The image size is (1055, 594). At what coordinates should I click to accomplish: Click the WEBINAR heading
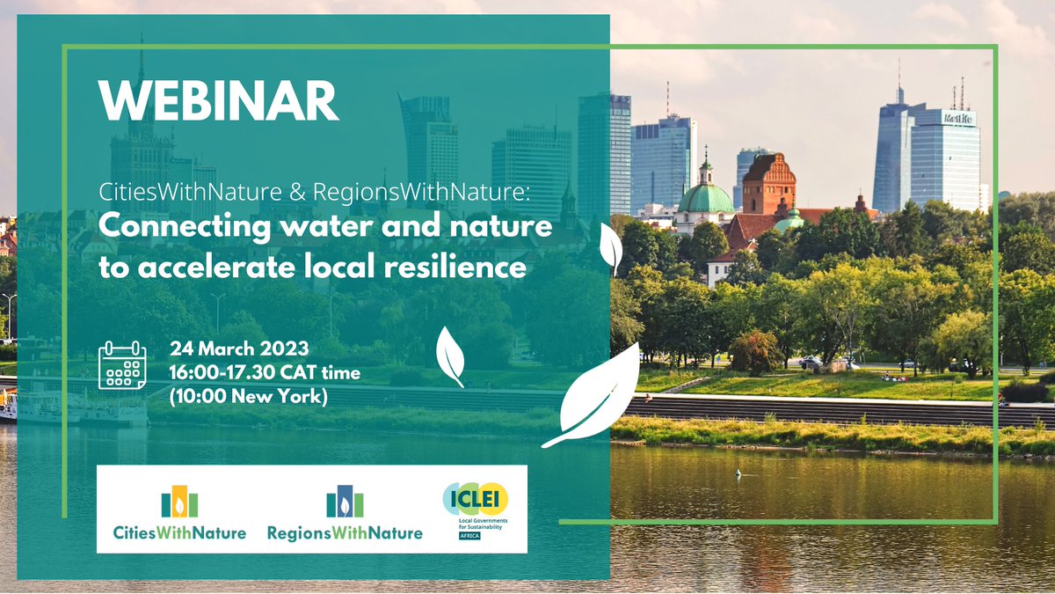tap(218, 102)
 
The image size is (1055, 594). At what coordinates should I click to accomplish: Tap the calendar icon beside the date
tap(122, 367)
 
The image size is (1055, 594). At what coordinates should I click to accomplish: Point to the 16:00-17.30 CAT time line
tap(265, 373)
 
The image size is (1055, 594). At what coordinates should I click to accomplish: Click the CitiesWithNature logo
tap(179, 515)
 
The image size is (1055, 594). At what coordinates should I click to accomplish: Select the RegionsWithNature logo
tap(345, 515)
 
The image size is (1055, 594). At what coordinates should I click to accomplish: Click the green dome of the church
tap(705, 197)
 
